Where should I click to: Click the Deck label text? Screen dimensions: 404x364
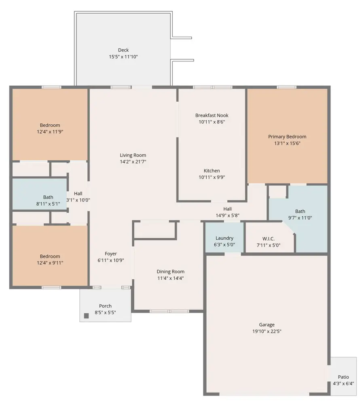123,50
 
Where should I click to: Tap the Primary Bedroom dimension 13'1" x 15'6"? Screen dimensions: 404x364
287,143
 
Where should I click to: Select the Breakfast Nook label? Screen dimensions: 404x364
212,115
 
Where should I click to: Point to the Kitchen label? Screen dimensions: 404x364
212,171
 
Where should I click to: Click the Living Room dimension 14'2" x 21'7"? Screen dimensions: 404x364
133,161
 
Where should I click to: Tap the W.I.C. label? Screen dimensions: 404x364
269,239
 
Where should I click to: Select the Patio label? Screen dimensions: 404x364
343,377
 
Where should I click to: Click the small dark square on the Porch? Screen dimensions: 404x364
86,316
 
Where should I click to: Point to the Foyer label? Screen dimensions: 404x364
111,254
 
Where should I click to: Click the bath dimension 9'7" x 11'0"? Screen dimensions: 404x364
300,218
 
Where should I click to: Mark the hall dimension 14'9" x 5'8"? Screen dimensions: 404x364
227,215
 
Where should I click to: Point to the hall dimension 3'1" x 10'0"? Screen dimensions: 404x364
78,200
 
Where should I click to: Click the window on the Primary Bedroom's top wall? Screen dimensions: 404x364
286,87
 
